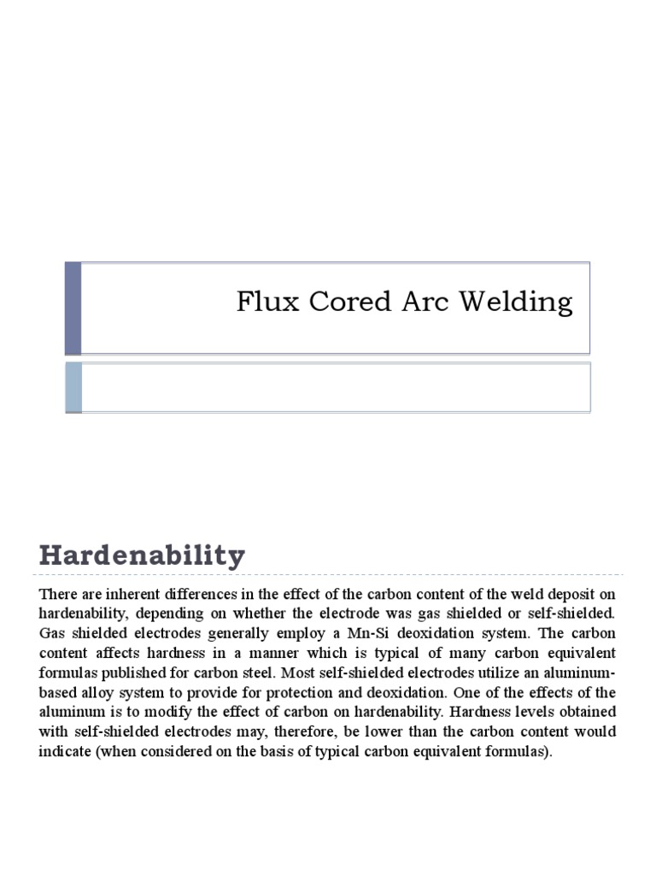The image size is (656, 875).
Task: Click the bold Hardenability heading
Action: tap(142, 556)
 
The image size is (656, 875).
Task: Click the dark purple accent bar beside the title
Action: tap(73, 308)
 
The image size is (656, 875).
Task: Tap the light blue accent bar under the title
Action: tap(73, 386)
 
